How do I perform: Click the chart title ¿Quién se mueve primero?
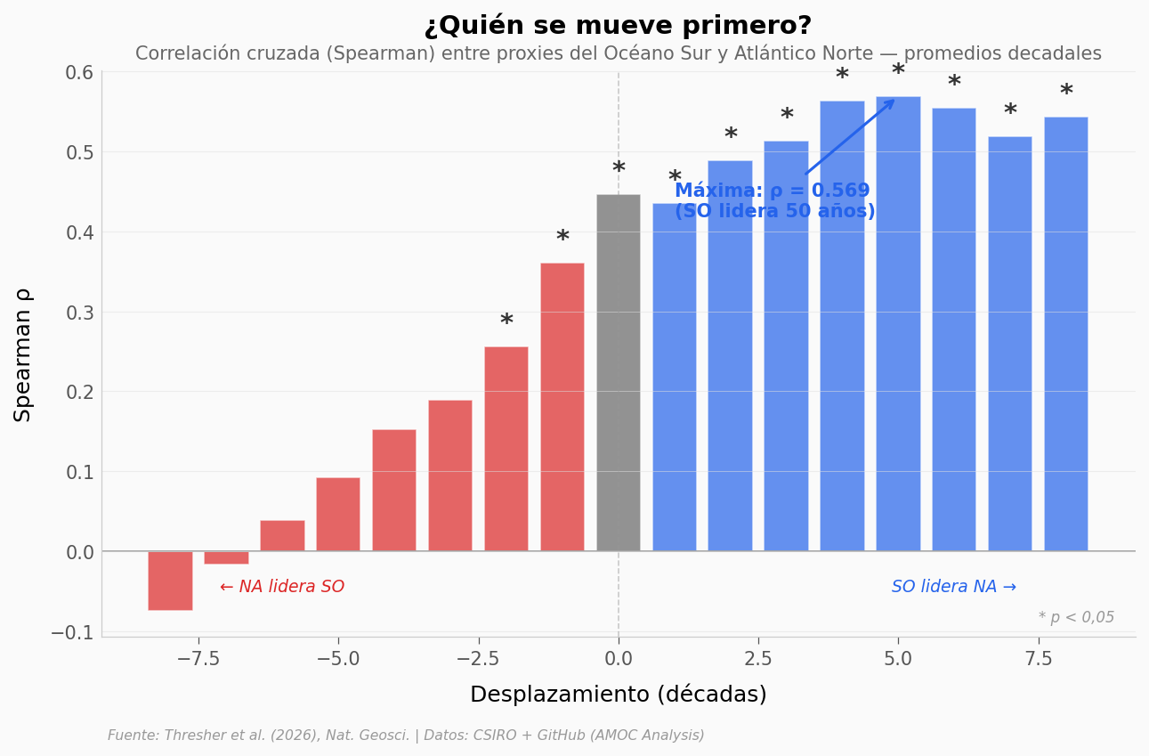[x=618, y=26]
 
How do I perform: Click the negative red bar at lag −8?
[x=170, y=581]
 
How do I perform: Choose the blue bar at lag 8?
[x=1066, y=334]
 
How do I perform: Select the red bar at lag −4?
[x=394, y=490]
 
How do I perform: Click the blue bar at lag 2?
[x=731, y=355]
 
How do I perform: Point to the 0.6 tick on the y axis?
[x=79, y=72]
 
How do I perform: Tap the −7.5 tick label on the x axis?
[x=198, y=659]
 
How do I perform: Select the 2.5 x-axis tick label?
[x=758, y=659]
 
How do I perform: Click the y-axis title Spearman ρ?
[x=24, y=354]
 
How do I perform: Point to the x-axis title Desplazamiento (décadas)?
[x=618, y=695]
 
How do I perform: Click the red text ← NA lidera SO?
[x=282, y=587]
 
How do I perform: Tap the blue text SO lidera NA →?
[x=953, y=587]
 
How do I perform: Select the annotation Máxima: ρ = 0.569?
[x=773, y=191]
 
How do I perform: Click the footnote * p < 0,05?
[x=1076, y=617]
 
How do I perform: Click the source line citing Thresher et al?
[x=406, y=736]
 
